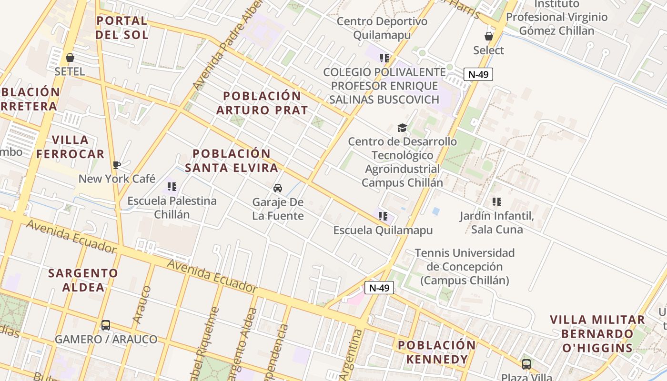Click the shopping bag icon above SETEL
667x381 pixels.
click(70, 58)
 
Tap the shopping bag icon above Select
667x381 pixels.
click(488, 36)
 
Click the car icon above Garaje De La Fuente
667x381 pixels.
click(278, 188)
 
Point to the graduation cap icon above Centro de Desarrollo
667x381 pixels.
click(402, 128)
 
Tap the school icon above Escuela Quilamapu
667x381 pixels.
click(383, 216)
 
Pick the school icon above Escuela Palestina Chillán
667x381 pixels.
click(172, 187)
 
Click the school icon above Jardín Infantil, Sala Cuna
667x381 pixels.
click(497, 202)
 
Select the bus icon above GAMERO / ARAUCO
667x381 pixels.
click(106, 325)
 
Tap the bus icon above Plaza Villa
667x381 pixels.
click(526, 364)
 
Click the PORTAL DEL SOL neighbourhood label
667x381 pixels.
click(122, 28)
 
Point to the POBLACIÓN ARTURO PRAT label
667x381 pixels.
click(262, 103)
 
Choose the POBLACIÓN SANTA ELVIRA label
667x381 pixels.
click(232, 160)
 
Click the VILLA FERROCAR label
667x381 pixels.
click(71, 147)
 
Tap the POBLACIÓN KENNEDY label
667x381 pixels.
click(437, 352)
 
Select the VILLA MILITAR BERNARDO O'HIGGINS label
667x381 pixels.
click(597, 333)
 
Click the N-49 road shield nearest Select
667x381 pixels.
click(478, 74)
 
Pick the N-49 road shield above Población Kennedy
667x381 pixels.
click(379, 288)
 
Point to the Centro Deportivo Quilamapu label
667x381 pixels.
click(382, 28)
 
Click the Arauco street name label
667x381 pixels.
click(142, 305)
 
